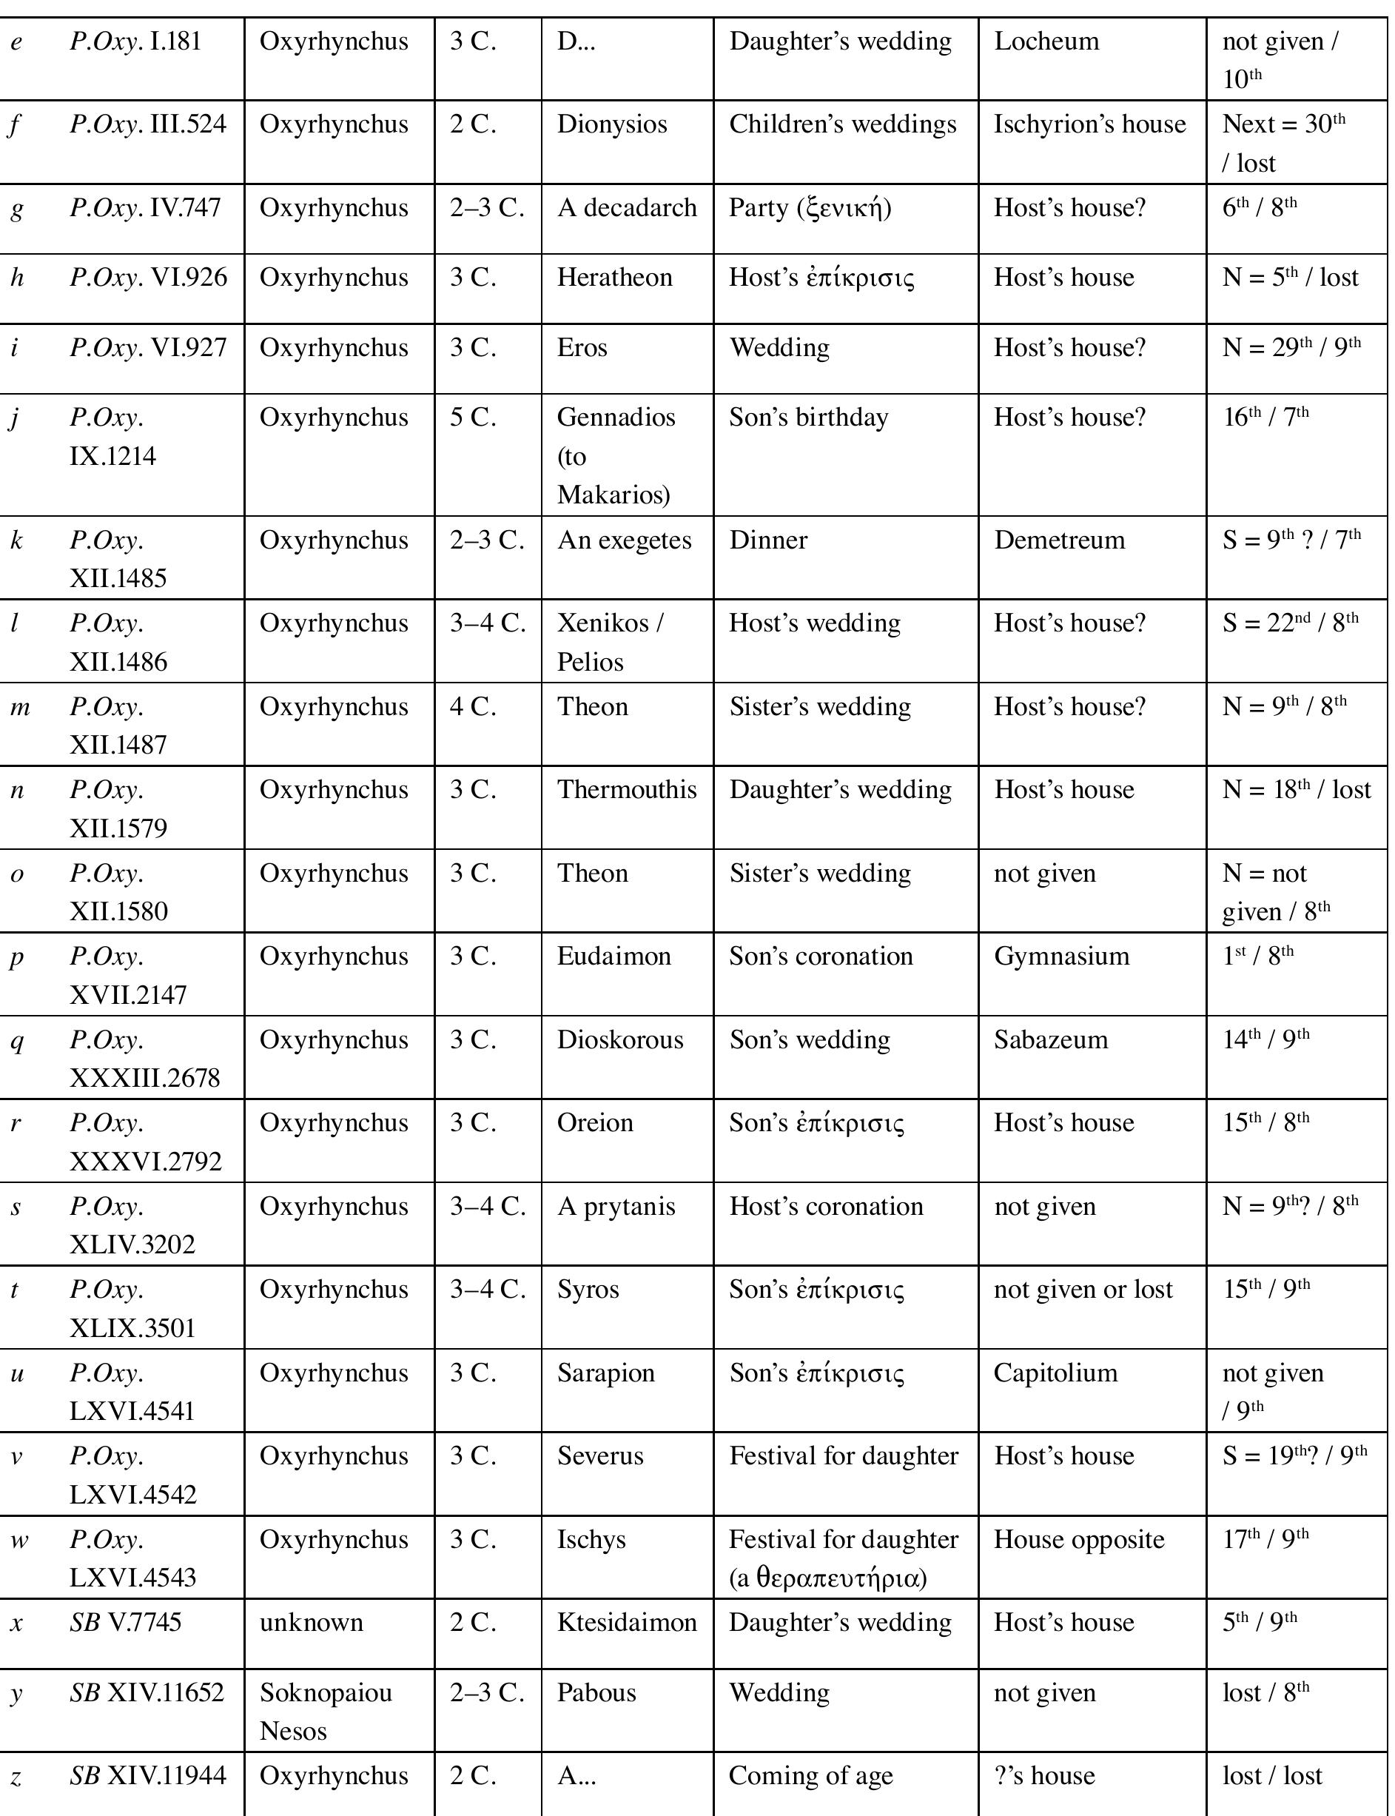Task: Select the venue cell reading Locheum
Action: tap(1046, 41)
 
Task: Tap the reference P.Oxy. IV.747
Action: tap(145, 208)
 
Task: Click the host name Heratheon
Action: tap(614, 278)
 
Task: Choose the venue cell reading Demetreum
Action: tap(1059, 541)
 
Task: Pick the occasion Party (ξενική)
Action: tap(810, 208)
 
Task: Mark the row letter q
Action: tap(16, 1042)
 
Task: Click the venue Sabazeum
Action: tap(1050, 1040)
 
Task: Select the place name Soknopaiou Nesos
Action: tap(326, 1712)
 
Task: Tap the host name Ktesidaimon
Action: tap(627, 1623)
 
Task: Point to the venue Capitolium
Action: tap(1055, 1373)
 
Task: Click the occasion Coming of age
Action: tap(810, 1776)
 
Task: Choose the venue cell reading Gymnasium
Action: tap(1061, 956)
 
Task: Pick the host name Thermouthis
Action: tap(627, 790)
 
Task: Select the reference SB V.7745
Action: tap(125, 1623)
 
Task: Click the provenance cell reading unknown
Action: tap(312, 1623)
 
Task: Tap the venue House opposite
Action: tap(1079, 1539)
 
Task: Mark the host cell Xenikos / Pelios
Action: tap(611, 642)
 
